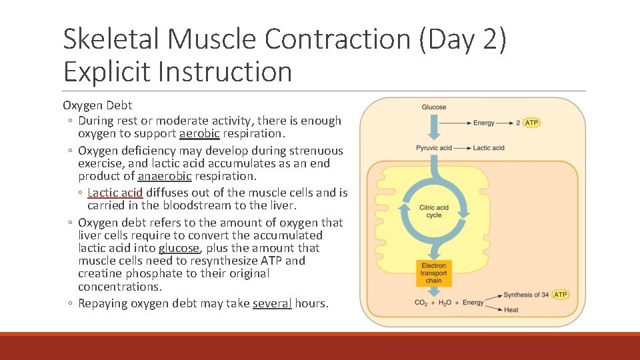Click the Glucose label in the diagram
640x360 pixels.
pyautogui.click(x=433, y=107)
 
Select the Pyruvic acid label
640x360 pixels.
pyautogui.click(x=433, y=147)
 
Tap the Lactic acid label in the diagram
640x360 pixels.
pyautogui.click(x=489, y=147)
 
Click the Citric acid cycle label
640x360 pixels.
pyautogui.click(x=433, y=211)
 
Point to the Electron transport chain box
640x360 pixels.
pyautogui.click(x=433, y=273)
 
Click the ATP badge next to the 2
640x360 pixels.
pyautogui.click(x=531, y=123)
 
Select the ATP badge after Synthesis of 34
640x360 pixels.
pyautogui.click(x=561, y=295)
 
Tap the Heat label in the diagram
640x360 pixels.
pyautogui.click(x=511, y=310)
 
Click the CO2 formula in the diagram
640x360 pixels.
pyautogui.click(x=421, y=303)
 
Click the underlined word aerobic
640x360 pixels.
pyautogui.click(x=199, y=133)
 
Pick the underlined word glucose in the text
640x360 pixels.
pyautogui.click(x=179, y=248)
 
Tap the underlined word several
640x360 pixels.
pyautogui.click(x=272, y=303)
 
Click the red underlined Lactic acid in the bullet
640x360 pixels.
pyautogui.click(x=115, y=193)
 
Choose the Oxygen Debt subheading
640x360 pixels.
pyautogui.click(x=97, y=105)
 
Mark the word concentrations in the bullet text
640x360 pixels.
pyautogui.click(x=119, y=287)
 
